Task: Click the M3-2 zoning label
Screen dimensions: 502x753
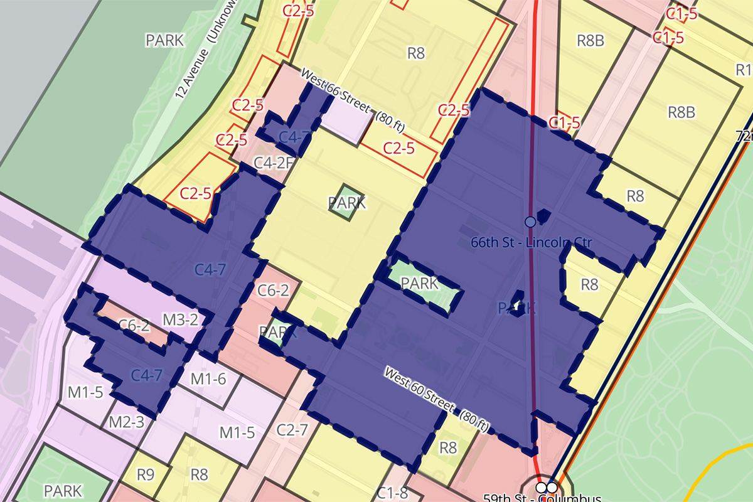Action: pos(180,320)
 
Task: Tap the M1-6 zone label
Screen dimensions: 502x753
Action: pos(208,379)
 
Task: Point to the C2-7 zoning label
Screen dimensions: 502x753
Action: pos(292,430)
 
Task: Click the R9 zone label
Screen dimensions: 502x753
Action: pos(145,474)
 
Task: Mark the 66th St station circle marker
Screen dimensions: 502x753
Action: pos(530,222)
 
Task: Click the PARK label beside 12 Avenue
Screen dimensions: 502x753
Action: pos(165,41)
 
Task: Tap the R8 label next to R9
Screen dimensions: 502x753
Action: pos(199,474)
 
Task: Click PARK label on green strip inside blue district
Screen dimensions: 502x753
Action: pos(419,284)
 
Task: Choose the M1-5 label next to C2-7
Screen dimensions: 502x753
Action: pos(237,433)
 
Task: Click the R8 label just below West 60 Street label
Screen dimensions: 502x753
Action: pos(448,447)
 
